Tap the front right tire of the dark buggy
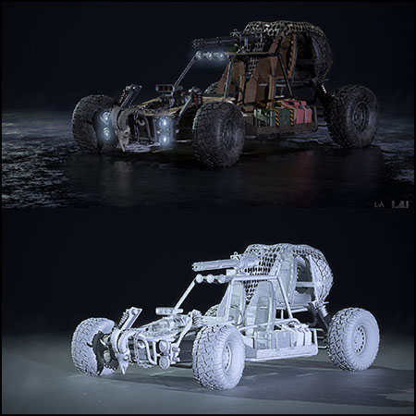pos(218,133)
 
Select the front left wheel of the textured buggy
pos(92,121)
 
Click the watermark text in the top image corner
pos(394,203)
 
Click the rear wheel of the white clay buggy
pos(353,338)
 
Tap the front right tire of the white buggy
pos(219,356)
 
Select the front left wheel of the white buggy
pos(92,345)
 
